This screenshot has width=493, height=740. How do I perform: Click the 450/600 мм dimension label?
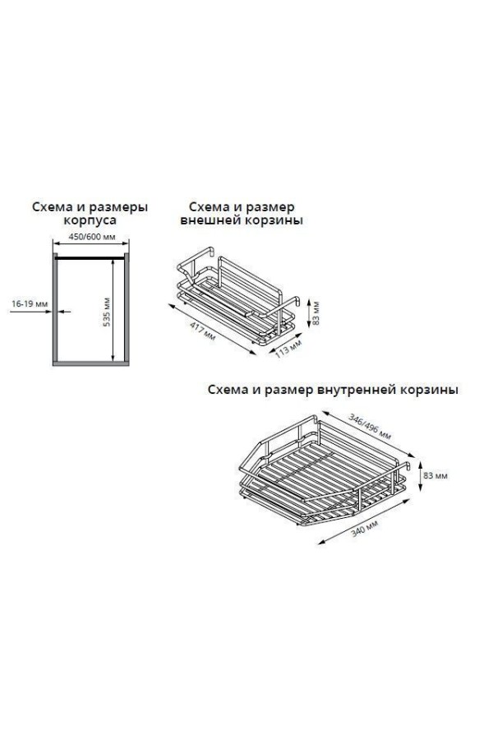92,237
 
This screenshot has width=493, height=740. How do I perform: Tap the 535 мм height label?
107,312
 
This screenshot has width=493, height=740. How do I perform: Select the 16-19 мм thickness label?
30,304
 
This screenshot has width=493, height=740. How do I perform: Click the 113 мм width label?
288,349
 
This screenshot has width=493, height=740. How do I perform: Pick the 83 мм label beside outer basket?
316,312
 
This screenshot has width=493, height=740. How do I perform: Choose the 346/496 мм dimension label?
370,426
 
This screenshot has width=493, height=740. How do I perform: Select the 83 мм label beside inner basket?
435,476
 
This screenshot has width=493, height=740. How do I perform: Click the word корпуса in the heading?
90,220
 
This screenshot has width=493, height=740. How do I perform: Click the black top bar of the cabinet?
90,258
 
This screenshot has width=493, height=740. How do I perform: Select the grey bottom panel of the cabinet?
90,363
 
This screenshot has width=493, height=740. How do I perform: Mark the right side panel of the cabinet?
127,308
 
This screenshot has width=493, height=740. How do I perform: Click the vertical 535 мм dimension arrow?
113,311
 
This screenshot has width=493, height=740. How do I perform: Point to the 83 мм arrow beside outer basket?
308,312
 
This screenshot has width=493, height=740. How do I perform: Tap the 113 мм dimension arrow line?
284,344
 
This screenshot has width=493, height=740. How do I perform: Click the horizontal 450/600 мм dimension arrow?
90,243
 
